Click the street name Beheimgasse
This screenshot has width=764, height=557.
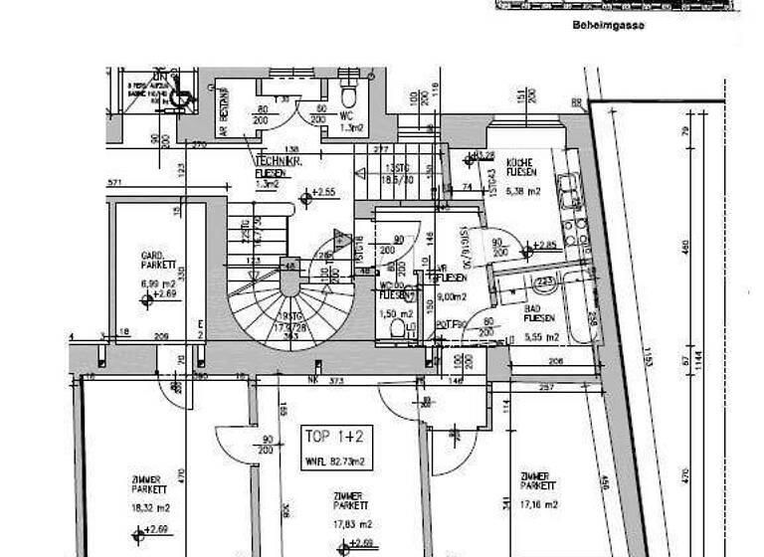coord(608,26)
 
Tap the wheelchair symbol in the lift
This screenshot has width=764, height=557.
coord(179,98)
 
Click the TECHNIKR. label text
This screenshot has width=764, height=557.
coord(272,160)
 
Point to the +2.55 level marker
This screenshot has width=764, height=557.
coord(319,193)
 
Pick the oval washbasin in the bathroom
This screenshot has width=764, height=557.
coord(545,283)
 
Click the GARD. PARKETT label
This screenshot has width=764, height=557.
coord(158,261)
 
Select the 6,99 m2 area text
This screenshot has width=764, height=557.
coord(158,283)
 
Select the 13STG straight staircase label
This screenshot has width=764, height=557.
coord(398,169)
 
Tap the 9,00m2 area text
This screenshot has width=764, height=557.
coord(452,295)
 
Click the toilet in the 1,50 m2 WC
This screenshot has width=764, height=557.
coord(397,326)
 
